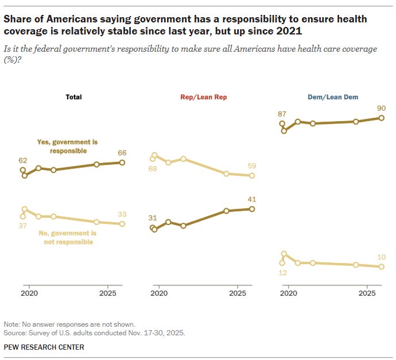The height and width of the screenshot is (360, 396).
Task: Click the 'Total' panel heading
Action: click(x=73, y=97)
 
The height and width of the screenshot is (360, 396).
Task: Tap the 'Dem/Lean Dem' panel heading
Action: click(x=333, y=97)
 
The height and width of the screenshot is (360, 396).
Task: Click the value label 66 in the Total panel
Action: click(x=122, y=153)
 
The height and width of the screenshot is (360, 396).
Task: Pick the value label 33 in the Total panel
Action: click(x=122, y=214)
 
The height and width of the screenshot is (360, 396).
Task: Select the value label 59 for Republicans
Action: click(x=251, y=167)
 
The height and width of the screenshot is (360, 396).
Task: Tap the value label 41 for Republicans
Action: click(x=251, y=199)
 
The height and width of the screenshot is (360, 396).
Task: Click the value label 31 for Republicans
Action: click(x=153, y=218)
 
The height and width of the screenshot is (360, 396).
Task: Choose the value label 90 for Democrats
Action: click(x=381, y=108)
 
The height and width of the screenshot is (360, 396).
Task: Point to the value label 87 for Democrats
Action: click(x=282, y=114)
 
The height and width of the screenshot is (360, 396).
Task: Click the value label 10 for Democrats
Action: click(x=382, y=257)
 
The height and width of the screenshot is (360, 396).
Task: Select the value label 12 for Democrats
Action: click(x=282, y=273)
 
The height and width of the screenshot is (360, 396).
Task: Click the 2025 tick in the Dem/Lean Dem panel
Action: click(x=367, y=293)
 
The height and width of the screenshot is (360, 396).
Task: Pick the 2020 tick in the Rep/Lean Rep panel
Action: click(x=158, y=293)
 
